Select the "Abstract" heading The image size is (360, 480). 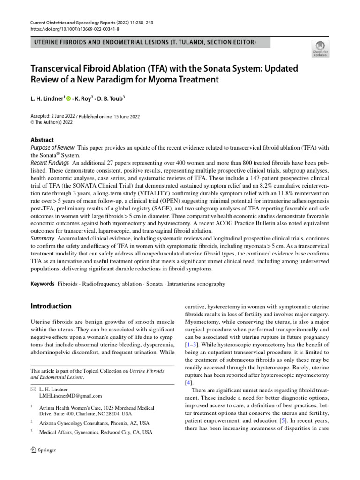pyautogui.click(x=42, y=140)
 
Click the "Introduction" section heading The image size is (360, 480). pyautogui.click(x=51, y=306)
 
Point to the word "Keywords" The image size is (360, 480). pyautogui.click(x=42, y=284)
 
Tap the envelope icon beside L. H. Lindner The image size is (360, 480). pyautogui.click(x=32, y=389)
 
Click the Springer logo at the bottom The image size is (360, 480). pyautogui.click(x=43, y=450)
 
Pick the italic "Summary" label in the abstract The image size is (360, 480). pyautogui.click(x=43, y=239)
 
